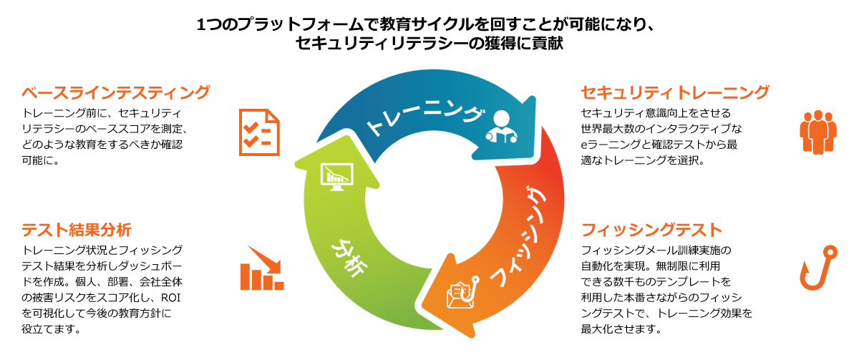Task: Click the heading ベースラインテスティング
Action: coord(115,93)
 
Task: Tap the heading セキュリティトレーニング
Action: coord(675,93)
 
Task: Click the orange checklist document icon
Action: coord(258,132)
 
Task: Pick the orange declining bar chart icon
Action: coord(261,268)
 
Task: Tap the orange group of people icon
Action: coord(817,132)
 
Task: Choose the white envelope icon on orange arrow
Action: coord(458,293)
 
